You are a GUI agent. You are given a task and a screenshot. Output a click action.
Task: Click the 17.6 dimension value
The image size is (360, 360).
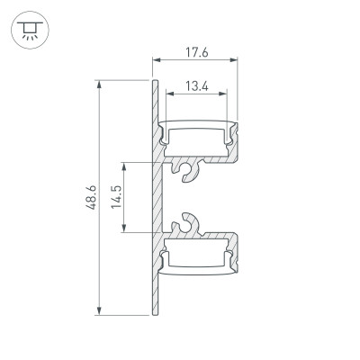click(x=197, y=52)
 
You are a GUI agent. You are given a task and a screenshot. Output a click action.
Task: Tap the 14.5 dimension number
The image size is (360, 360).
click(x=116, y=197)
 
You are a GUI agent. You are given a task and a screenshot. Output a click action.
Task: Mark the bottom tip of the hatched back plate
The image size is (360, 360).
click(x=155, y=314)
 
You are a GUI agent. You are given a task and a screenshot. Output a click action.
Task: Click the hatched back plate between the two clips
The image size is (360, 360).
click(x=157, y=198)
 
